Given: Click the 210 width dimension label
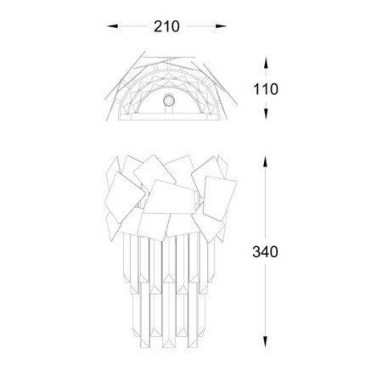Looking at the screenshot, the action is (166, 26).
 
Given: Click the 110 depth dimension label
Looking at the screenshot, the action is (266, 89).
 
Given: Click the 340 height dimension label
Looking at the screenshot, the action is (265, 252).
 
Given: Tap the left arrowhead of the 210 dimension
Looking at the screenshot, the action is (112, 26).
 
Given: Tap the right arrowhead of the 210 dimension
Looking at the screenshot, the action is (221, 26).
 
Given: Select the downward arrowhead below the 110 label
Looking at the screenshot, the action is (266, 114).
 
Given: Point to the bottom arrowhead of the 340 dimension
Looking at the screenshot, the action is (265, 342).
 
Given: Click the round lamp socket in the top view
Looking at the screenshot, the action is (169, 101).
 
